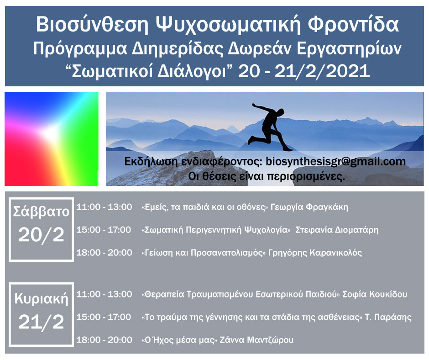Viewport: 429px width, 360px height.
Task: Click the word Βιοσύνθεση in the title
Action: click(92, 25)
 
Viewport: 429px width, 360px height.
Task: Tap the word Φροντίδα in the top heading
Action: click(353, 24)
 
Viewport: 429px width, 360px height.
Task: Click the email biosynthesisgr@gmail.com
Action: click(336, 162)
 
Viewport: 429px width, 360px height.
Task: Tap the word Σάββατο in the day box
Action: click(42, 212)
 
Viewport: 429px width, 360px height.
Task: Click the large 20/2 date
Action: click(42, 235)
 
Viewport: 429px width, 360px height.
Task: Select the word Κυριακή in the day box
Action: click(42, 299)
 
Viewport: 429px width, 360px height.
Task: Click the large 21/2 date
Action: click(42, 322)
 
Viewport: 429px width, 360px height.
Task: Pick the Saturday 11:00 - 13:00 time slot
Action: click(104, 207)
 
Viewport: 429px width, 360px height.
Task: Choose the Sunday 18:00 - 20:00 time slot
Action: click(104, 340)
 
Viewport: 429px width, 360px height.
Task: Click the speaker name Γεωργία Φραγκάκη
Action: click(309, 207)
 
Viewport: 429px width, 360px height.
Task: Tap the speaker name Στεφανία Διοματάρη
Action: click(337, 230)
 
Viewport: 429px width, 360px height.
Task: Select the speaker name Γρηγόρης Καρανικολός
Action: click(315, 253)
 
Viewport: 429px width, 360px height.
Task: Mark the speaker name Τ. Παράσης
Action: click(388, 318)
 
